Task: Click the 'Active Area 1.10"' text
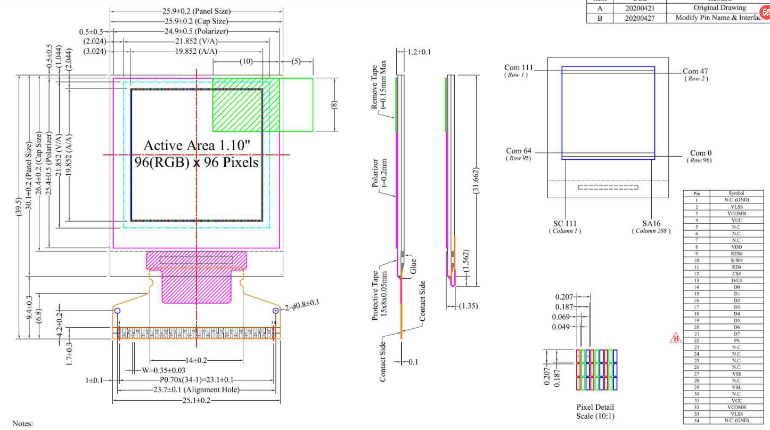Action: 196,145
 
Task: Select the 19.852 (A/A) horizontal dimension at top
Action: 196,52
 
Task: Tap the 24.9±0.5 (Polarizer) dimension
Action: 196,31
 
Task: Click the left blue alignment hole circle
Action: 118,311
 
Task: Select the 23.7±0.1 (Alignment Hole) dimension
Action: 197,390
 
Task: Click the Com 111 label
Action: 518,68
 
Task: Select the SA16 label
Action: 651,223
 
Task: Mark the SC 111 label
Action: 565,223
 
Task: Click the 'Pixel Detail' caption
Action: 595,408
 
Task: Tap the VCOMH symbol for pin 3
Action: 736,214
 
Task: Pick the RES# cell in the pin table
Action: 736,254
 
